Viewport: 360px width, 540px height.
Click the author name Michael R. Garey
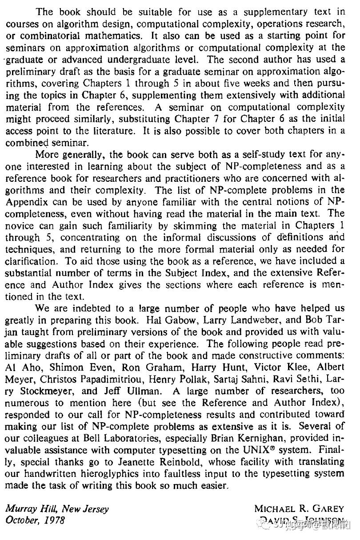tap(299, 509)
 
